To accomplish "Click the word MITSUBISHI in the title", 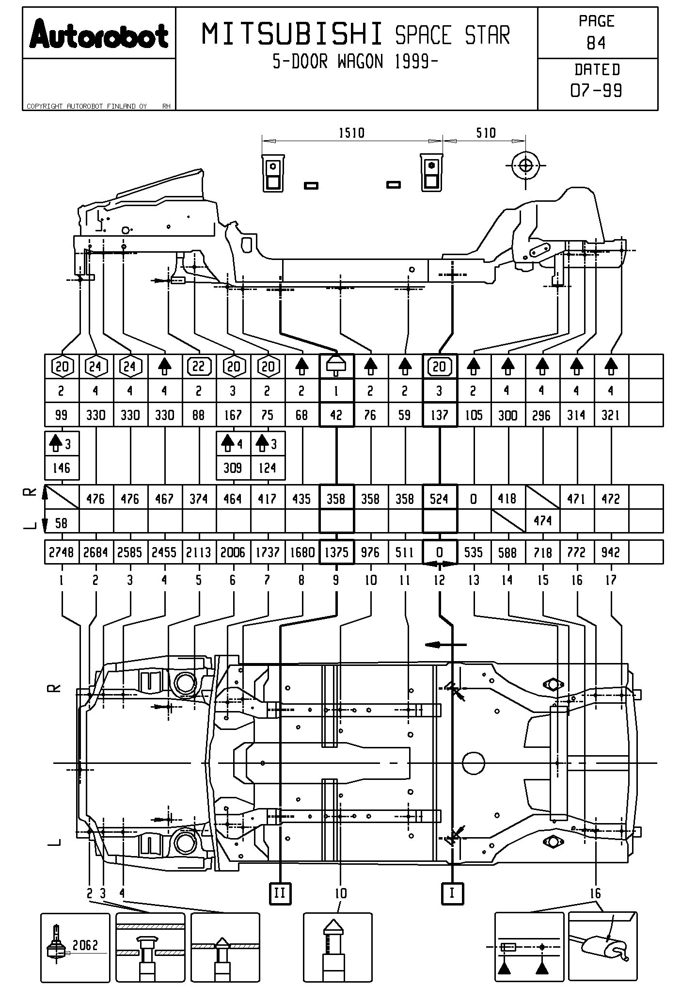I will (292, 35).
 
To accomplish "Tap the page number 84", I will (596, 44).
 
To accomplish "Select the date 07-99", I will (596, 90).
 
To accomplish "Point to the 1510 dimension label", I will (351, 132).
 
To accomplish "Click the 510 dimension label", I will (486, 132).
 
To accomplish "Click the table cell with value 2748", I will (62, 552).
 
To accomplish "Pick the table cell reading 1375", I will (336, 552).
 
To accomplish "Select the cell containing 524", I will (440, 499).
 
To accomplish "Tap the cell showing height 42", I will (336, 415).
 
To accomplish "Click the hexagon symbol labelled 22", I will (199, 367).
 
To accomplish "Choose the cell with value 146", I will (62, 468).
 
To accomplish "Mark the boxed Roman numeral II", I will (280, 893).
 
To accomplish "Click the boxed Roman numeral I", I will (452, 893).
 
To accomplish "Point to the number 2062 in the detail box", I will (85, 945).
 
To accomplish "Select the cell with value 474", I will (542, 521).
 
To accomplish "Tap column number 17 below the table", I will (611, 580).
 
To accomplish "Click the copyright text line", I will (87, 106).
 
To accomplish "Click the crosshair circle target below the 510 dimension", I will (525, 165).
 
